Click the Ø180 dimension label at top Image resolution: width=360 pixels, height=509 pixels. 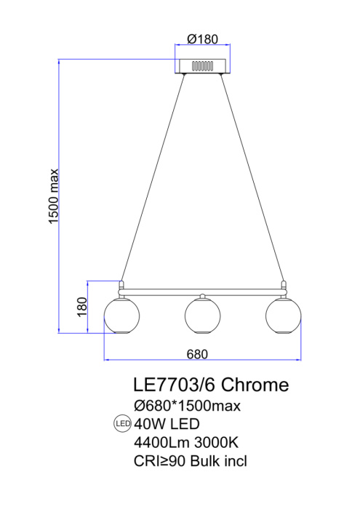[203, 39]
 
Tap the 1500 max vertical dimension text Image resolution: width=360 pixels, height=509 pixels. [54, 196]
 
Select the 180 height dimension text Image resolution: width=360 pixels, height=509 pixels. [82, 307]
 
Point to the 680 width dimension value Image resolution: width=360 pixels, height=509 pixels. [197, 354]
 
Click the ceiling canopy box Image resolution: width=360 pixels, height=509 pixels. [203, 66]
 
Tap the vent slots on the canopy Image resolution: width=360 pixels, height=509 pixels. [203, 66]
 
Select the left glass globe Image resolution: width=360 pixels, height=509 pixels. [121, 316]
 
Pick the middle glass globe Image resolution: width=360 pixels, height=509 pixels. [203, 316]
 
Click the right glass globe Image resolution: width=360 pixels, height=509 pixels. [284, 316]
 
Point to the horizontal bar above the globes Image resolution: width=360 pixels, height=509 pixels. [203, 292]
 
